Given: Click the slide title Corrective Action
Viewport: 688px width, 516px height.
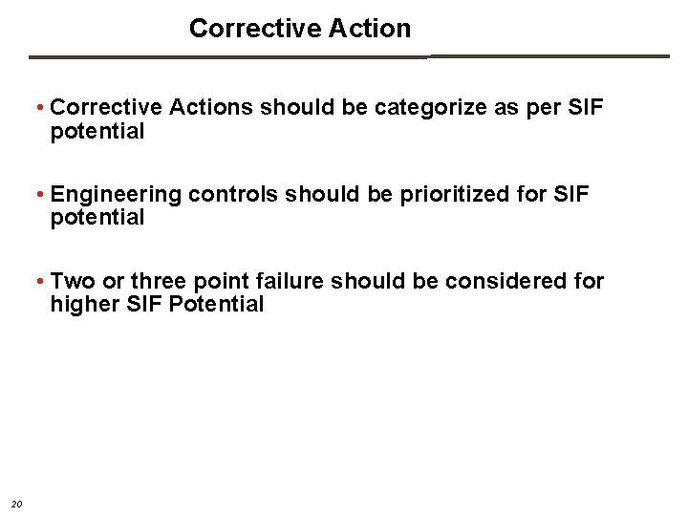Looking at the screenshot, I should (300, 29).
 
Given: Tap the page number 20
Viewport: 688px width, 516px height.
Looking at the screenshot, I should (15, 504).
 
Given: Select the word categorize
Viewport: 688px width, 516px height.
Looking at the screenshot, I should (432, 108).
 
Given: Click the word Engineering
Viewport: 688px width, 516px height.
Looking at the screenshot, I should (116, 195).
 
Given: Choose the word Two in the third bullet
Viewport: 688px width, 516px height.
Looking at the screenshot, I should (73, 282).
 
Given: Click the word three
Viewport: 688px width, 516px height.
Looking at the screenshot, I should (161, 282).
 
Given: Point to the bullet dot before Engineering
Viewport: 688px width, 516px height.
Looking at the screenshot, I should (40, 195).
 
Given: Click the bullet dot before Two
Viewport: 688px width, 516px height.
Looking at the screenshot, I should (40, 282).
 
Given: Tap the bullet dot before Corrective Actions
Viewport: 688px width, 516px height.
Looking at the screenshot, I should (40, 108).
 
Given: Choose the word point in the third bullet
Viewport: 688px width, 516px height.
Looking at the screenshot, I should (223, 282).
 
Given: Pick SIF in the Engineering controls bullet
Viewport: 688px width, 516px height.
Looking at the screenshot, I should (571, 195).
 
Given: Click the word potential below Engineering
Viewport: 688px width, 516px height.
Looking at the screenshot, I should (97, 218).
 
